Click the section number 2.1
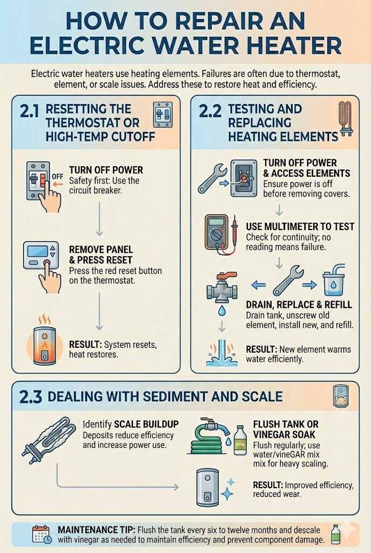[29, 112]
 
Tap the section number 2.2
[210, 112]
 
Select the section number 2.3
[30, 397]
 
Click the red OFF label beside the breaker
[56, 176]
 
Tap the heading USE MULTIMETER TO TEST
[300, 227]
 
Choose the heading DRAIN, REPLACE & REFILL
[299, 305]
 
